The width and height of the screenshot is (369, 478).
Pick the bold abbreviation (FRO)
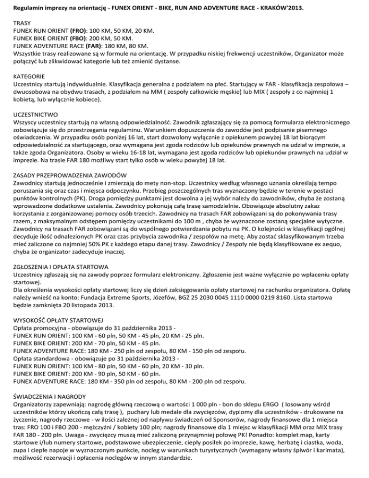(x=85, y=30)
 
